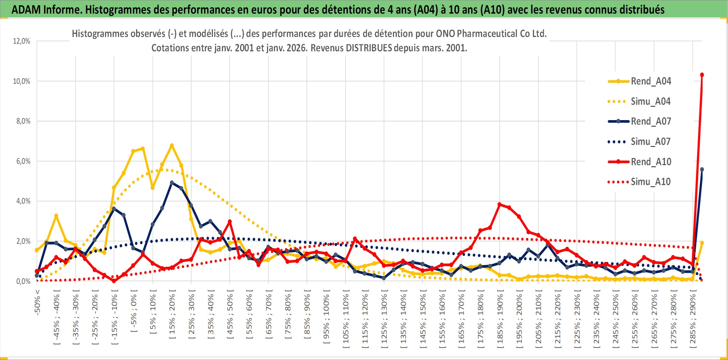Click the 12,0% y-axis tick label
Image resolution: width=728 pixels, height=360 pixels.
[x=22, y=41]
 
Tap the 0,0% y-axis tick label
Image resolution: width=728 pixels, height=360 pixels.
[x=23, y=281]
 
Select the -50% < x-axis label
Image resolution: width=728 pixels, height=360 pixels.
[x=37, y=302]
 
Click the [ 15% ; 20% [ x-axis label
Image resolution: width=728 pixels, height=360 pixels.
[x=172, y=316]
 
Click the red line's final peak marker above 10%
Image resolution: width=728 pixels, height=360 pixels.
[x=702, y=75]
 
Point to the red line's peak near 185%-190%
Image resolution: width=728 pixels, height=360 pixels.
[x=500, y=204]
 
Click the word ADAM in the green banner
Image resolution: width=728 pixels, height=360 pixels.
[x=26, y=9]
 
